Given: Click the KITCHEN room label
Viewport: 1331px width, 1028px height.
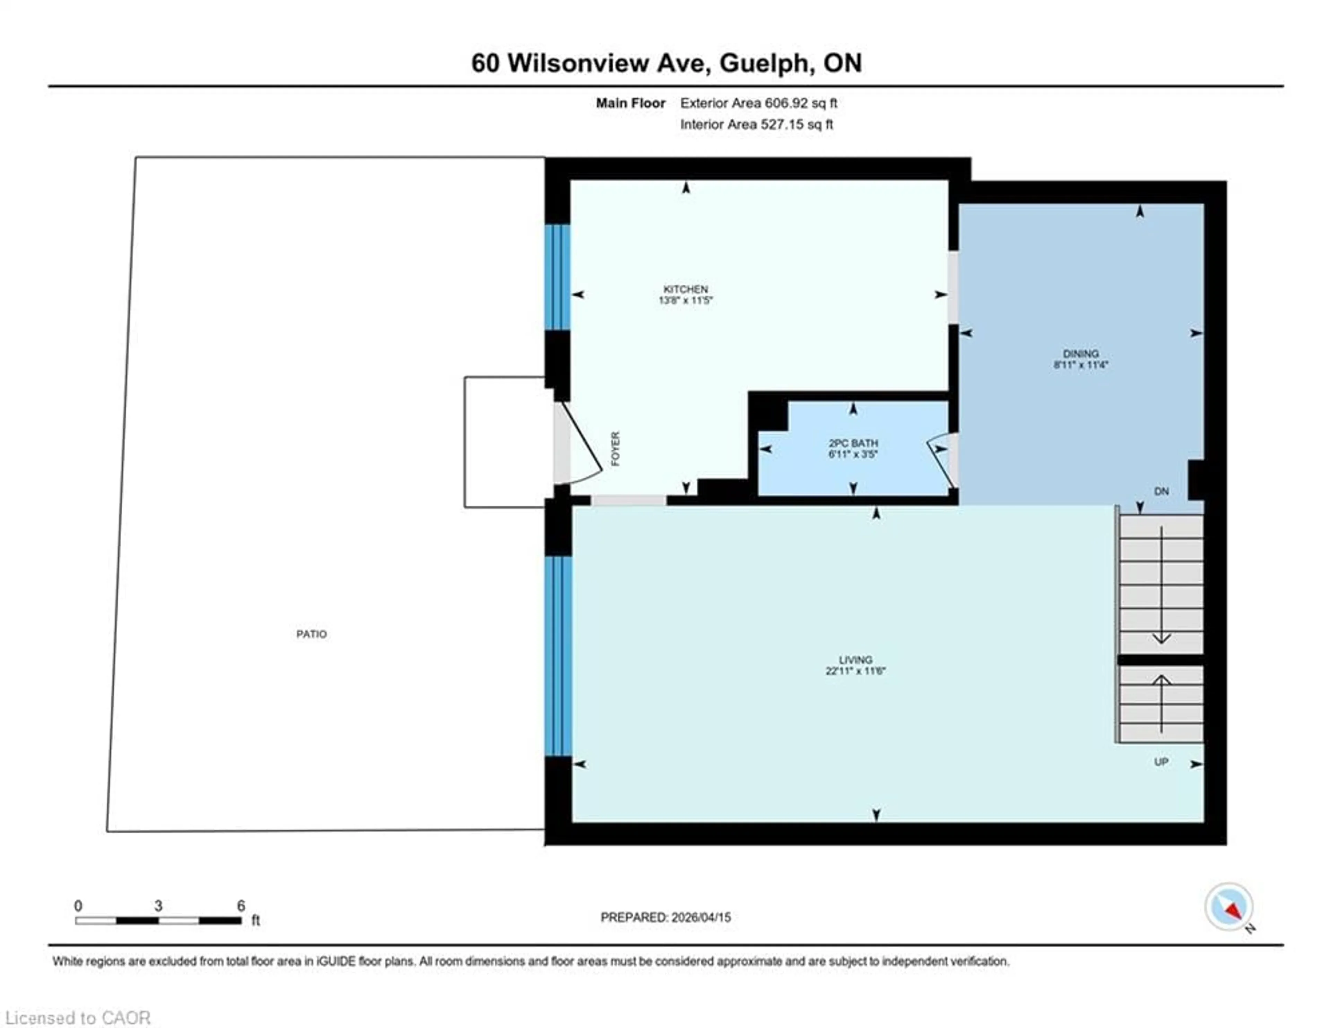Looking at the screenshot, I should point(686,289).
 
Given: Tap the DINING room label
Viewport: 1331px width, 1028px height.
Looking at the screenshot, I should point(1080,354).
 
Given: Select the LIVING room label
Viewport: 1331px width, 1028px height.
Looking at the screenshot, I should point(855,660).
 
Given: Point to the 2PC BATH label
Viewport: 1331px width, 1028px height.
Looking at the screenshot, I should point(853,443).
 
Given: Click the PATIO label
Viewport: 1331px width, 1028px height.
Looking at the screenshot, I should point(311,634).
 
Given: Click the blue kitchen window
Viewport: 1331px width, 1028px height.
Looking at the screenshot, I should point(557,277).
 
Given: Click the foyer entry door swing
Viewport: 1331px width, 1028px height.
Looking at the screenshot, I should point(579,445).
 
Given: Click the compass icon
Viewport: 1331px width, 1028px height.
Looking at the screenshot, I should point(1229,907).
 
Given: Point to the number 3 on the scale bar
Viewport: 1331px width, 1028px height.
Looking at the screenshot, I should point(158,906).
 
